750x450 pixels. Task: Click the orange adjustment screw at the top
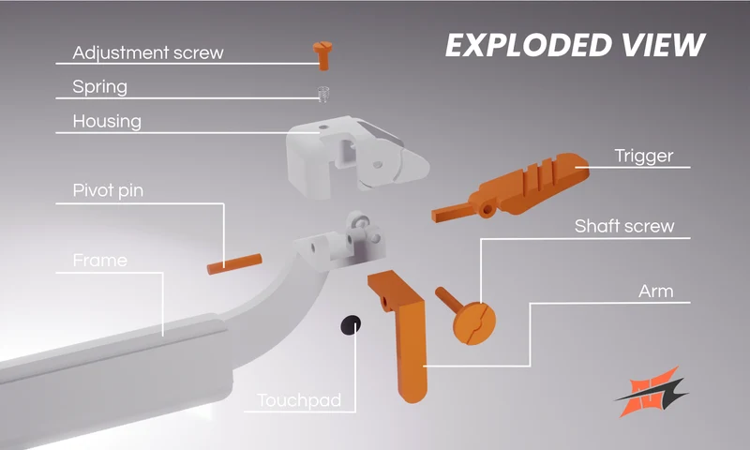[x=322, y=55]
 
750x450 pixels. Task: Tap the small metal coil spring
[x=323, y=94]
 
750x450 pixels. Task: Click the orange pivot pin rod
[x=234, y=264]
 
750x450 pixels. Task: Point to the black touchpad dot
[x=351, y=325]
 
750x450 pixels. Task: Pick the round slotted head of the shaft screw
[x=474, y=322]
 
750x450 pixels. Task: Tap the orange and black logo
[x=651, y=392]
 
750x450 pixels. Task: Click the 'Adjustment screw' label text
[x=148, y=52]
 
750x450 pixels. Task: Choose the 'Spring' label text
[x=100, y=87]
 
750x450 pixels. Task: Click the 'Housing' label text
[x=107, y=122]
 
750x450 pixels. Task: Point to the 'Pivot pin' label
[x=108, y=190]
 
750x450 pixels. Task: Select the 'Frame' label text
[x=100, y=260]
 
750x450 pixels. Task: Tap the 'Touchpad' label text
[x=299, y=400]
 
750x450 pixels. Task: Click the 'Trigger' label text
[x=644, y=156]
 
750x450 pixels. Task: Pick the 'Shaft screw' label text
[x=624, y=226]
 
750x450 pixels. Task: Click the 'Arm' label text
[x=655, y=292]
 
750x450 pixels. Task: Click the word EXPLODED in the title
[x=529, y=45]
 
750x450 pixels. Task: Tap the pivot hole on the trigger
[x=487, y=209]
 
